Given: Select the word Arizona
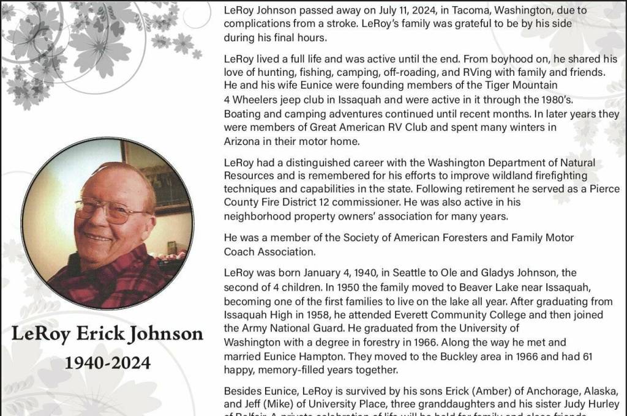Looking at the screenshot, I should [242, 141].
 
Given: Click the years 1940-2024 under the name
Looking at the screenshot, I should [108, 363].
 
